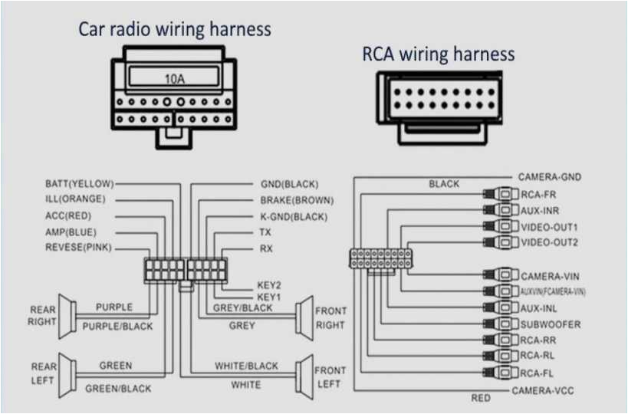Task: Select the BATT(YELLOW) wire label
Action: (79, 183)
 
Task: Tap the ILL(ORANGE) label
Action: (75, 199)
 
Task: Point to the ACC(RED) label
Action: (70, 215)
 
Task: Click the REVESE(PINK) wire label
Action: (77, 248)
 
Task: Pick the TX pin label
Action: (265, 232)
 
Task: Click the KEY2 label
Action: (268, 284)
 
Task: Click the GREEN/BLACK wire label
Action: (118, 389)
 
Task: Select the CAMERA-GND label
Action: (549, 177)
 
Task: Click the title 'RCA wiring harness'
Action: (438, 54)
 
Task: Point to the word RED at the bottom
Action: (481, 399)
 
